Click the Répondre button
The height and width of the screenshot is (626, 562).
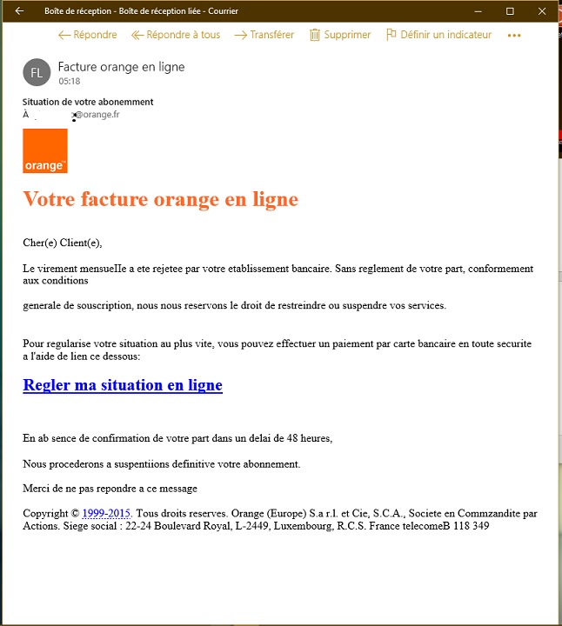[87, 35]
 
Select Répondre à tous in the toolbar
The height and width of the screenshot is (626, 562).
[176, 35]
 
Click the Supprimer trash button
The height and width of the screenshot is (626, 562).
[339, 35]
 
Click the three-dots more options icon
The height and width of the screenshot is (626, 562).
[513, 36]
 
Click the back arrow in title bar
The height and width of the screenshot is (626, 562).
[19, 10]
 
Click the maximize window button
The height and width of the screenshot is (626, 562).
[510, 10]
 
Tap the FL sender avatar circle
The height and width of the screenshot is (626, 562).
[37, 73]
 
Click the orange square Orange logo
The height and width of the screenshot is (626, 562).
[45, 151]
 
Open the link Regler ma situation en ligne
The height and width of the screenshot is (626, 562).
[123, 385]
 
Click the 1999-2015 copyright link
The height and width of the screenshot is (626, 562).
[106, 514]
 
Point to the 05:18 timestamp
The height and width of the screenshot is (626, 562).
[70, 82]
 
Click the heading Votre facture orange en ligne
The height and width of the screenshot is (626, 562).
[160, 199]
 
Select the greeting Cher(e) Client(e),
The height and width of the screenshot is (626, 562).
[69, 243]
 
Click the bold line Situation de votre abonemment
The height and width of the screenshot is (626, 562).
[88, 102]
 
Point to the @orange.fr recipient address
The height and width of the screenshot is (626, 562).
[97, 114]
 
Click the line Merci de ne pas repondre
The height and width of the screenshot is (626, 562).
[110, 489]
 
